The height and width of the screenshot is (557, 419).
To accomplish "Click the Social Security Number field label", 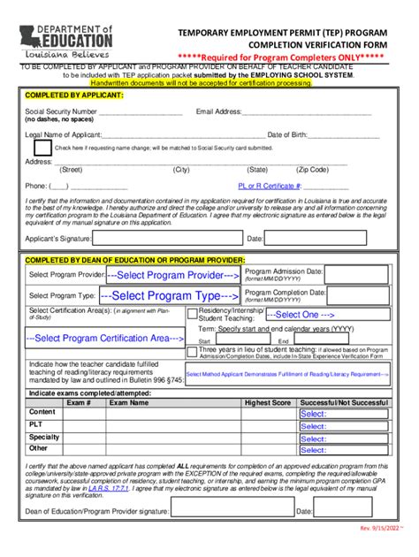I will click(60, 112).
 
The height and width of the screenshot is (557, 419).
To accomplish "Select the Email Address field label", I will click(218, 112).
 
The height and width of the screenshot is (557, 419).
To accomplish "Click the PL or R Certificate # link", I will click(270, 187).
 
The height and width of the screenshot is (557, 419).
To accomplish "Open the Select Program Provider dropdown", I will click(169, 276).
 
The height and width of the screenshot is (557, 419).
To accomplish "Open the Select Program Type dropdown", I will click(169, 296).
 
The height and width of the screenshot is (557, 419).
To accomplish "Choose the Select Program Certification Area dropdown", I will click(104, 338).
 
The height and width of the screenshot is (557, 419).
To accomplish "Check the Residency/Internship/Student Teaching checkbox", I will click(193, 314).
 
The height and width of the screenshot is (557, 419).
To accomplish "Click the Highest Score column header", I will click(268, 402).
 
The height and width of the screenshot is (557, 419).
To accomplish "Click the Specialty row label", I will click(44, 437).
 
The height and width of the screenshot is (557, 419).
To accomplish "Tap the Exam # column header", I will click(79, 402).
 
